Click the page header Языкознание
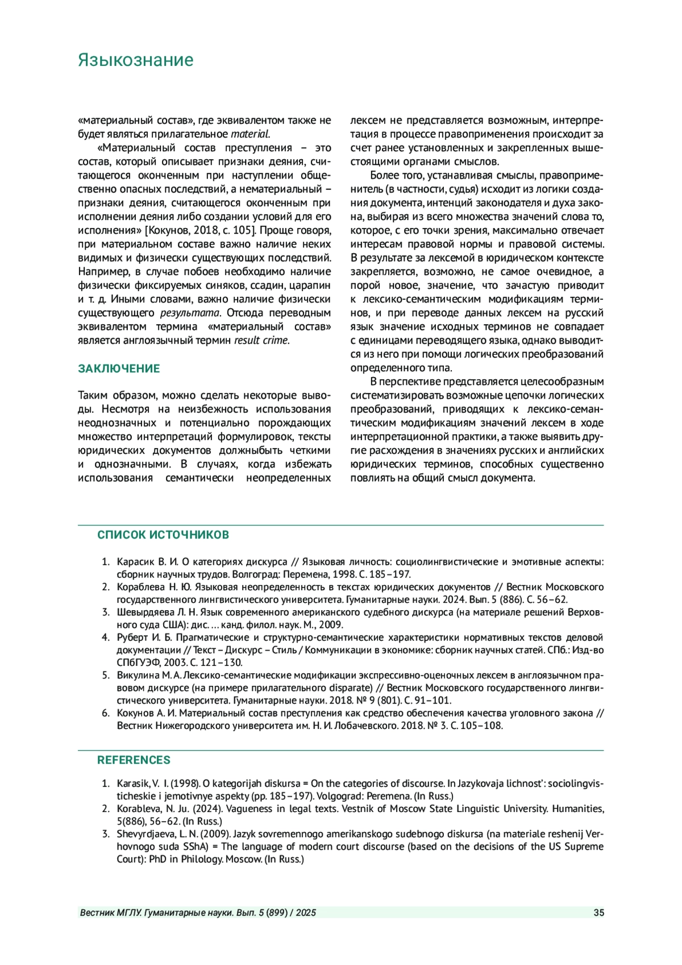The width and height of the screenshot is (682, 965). click(135, 60)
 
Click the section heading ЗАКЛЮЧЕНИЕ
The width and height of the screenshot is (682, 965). click(119, 368)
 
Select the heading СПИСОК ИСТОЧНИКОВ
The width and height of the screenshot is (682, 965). click(163, 535)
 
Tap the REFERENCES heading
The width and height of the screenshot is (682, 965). click(134, 760)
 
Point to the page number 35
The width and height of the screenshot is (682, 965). click(598, 913)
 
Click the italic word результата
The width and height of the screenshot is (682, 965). click(190, 313)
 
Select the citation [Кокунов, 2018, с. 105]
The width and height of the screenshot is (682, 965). click(201, 231)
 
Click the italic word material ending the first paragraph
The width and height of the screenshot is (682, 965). click(249, 134)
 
